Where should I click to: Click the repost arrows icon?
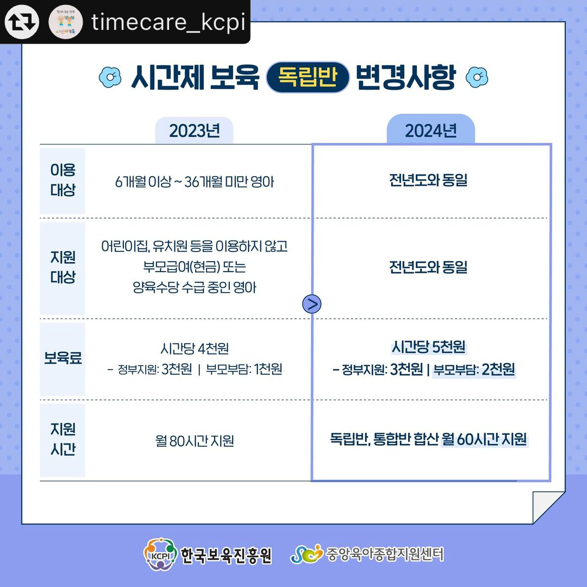click(x=22, y=22)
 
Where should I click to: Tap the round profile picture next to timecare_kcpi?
click(x=66, y=22)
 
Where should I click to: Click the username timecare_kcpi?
click(x=168, y=22)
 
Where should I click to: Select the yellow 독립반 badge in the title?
click(x=308, y=77)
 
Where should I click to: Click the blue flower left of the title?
click(x=110, y=77)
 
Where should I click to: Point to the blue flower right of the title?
click(x=477, y=77)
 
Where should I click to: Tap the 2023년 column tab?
click(x=194, y=130)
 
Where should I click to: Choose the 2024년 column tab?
click(x=430, y=129)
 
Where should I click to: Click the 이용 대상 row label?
click(x=63, y=180)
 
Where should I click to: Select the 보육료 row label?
click(x=63, y=358)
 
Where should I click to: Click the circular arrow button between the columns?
click(x=312, y=304)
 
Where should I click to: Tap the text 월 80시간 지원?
click(x=195, y=441)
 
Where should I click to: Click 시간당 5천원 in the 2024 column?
click(x=428, y=347)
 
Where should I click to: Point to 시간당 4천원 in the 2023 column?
click(x=195, y=348)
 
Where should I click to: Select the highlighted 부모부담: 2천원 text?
click(x=474, y=370)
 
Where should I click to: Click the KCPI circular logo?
click(x=160, y=554)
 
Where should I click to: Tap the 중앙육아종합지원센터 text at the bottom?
click(x=384, y=554)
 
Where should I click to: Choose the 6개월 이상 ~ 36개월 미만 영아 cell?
click(x=195, y=182)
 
